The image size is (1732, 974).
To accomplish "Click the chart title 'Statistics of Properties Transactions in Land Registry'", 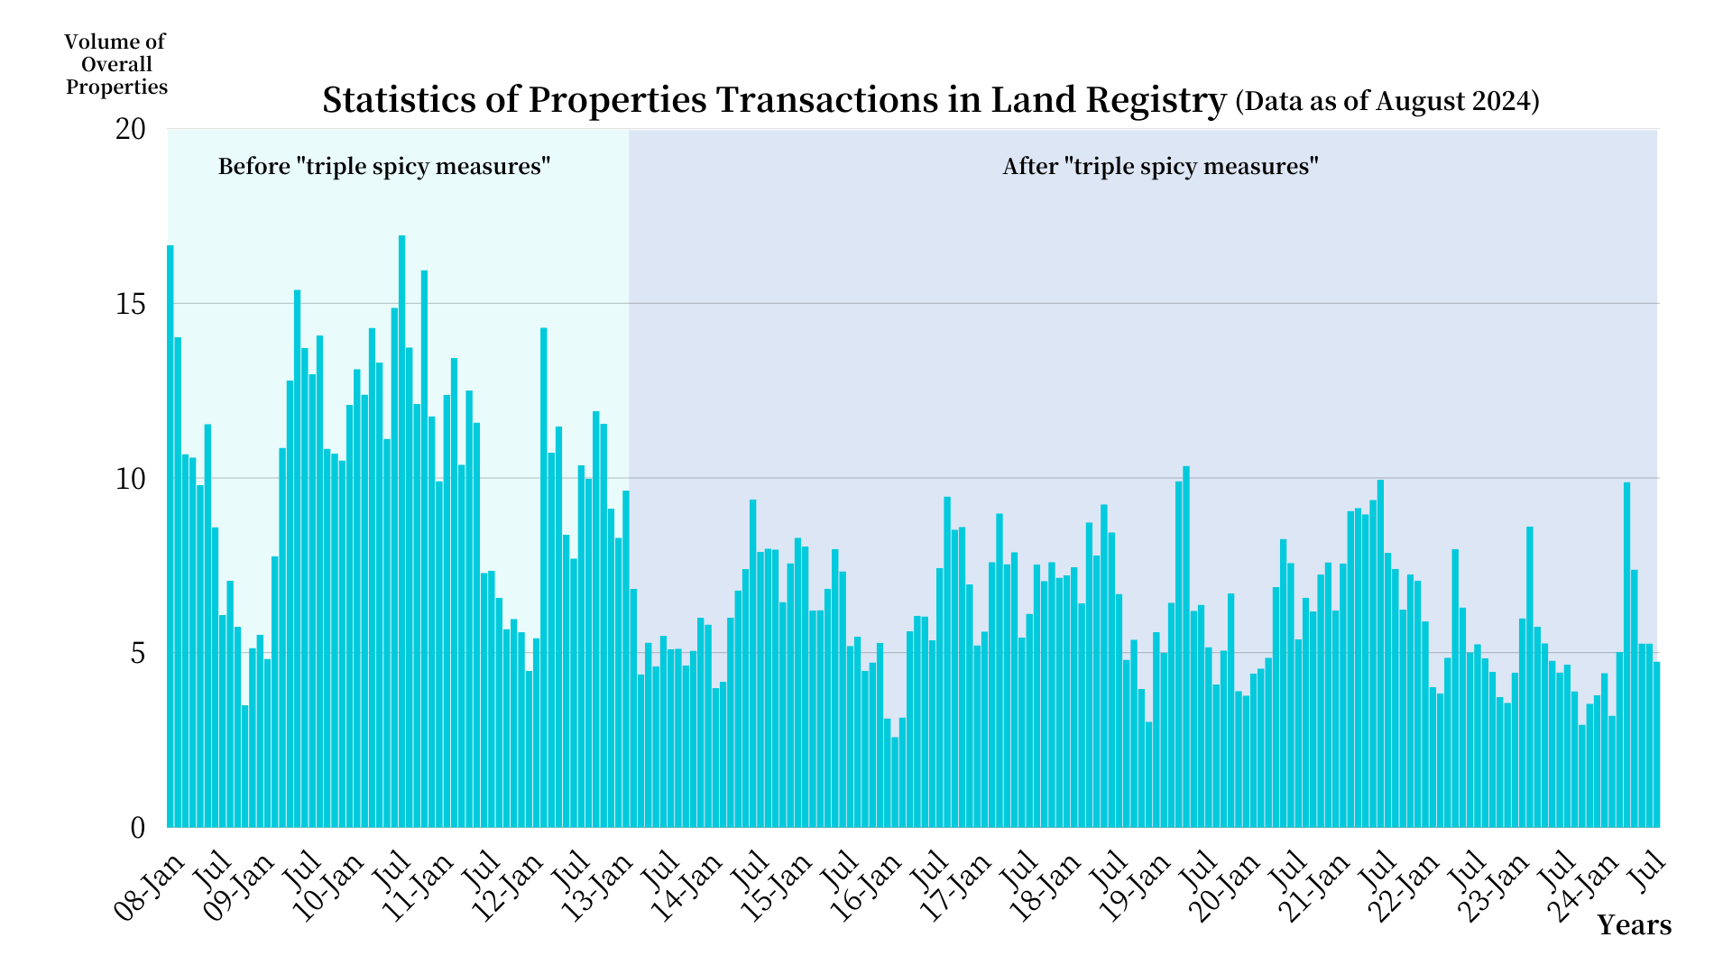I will [774, 99].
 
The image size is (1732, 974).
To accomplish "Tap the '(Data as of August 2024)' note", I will [1387, 100].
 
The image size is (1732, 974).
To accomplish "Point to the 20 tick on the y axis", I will [131, 129].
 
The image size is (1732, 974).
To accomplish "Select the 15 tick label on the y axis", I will [131, 304].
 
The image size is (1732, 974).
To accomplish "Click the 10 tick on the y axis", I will [131, 479].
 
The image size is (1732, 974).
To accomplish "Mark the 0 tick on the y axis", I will [137, 828].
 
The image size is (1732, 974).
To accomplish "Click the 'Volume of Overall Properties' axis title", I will [115, 64].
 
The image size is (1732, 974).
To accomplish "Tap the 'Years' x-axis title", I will [1634, 925].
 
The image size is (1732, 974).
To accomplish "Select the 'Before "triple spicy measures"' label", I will [384, 167].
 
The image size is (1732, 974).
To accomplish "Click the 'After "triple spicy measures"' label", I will [1160, 167].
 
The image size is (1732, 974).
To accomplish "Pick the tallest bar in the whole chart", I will [402, 532].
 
